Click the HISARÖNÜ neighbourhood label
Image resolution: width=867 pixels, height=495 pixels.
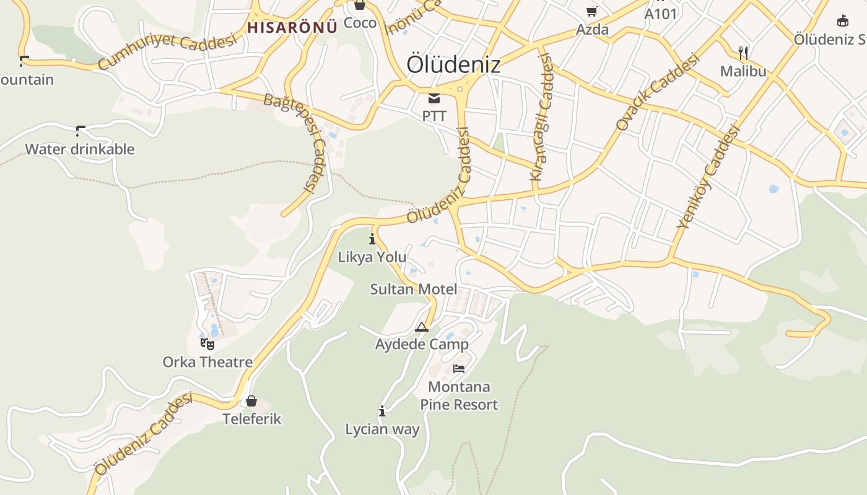[x=292, y=27]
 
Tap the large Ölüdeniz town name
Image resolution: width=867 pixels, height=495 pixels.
[x=453, y=64]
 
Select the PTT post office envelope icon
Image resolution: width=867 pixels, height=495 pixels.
[x=434, y=98]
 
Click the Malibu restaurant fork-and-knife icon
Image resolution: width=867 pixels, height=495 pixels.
[x=743, y=53]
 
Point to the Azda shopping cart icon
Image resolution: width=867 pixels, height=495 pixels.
[x=592, y=11]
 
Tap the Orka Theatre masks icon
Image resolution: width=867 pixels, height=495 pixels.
[x=207, y=343]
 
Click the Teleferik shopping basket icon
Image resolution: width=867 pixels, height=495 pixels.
[x=251, y=401]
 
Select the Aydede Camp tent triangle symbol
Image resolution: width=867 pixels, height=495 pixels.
[x=422, y=327]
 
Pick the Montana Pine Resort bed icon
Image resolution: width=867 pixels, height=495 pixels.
[x=459, y=369]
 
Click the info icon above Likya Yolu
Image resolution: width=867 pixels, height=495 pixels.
[x=372, y=239]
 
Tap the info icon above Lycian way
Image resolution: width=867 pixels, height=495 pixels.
[x=382, y=411]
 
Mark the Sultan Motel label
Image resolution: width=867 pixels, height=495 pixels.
[x=414, y=289]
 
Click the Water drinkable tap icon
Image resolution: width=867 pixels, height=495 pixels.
[x=80, y=131]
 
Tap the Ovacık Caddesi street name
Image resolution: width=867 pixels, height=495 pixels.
[x=657, y=91]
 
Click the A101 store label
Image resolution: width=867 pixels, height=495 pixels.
[x=661, y=14]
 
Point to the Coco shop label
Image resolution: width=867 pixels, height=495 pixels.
[x=360, y=23]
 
